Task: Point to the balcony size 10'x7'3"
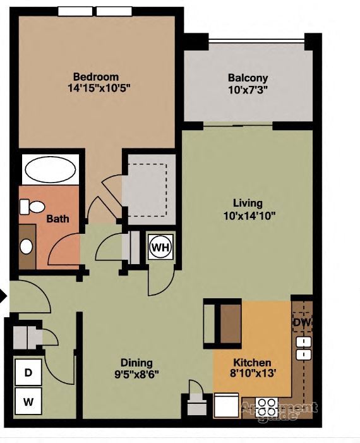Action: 248,90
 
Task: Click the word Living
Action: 248,203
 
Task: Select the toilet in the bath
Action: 31,207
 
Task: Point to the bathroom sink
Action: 27,246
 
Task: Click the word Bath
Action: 57,219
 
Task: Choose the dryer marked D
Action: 28,373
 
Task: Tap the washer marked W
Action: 28,401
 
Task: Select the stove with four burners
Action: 265,404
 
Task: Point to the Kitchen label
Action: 253,363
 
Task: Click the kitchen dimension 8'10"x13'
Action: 253,374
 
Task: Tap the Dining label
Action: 137,363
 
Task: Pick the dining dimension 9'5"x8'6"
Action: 137,374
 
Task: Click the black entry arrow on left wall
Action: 3,295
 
